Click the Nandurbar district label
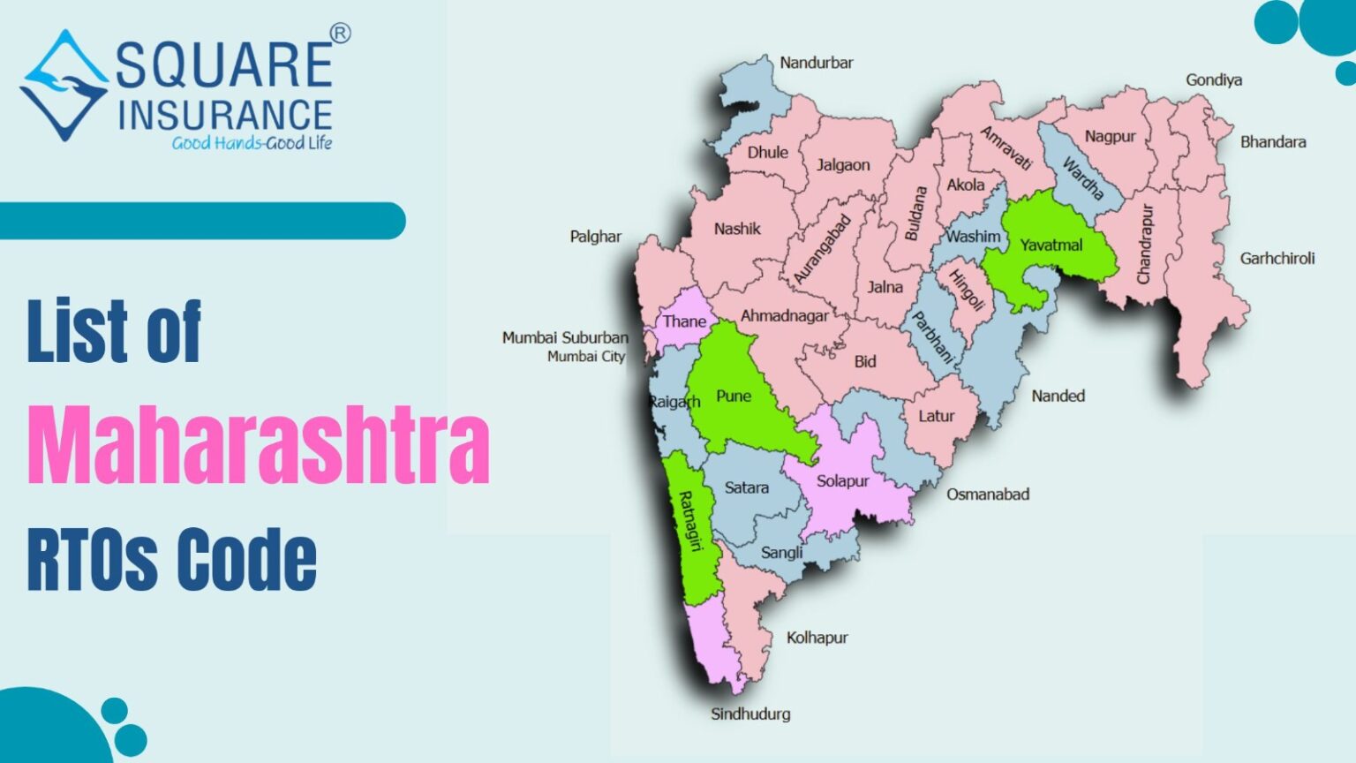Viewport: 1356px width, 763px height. coord(816,63)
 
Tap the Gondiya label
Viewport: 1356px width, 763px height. coord(1213,79)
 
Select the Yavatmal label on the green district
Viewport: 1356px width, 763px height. coord(1051,245)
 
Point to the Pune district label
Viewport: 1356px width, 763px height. coord(733,396)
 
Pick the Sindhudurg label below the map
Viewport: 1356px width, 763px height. coord(750,714)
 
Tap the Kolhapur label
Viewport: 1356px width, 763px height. coord(817,637)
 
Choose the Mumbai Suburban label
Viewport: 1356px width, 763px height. coord(565,337)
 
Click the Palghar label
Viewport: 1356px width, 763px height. coord(595,236)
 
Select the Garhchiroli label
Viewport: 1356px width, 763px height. coord(1277,258)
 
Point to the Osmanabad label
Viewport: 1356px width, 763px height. coord(988,494)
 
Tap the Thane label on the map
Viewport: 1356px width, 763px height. coord(684,321)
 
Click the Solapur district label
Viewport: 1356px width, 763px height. coord(842,480)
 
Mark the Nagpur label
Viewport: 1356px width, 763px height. coord(1110,136)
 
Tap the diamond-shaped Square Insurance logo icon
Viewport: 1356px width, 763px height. coord(64,86)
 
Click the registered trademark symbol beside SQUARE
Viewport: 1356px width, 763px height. coord(340,34)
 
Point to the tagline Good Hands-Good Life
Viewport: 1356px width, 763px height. coord(252,143)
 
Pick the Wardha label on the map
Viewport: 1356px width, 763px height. coord(1082,178)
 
